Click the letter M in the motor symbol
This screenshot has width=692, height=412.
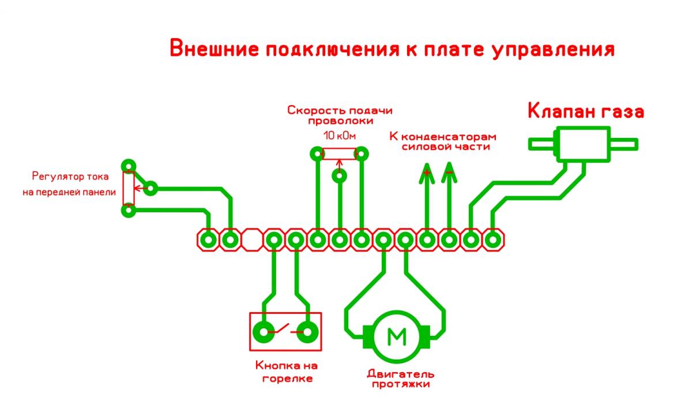click(396, 336)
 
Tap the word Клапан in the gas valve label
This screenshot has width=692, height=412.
click(562, 111)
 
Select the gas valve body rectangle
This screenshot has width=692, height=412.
click(581, 144)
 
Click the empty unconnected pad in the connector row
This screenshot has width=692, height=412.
click(252, 239)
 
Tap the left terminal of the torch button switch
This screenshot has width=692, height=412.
click(264, 331)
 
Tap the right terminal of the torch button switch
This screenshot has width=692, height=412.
click(308, 331)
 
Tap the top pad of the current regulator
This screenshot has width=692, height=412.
click(129, 166)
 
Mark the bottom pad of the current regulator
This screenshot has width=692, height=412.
click(129, 211)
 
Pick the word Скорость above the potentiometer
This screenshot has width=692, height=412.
click(312, 111)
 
